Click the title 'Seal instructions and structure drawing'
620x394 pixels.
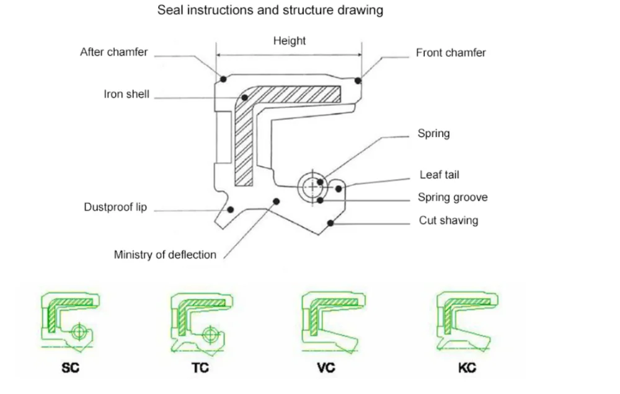point(270,10)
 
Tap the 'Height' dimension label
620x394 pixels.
point(290,41)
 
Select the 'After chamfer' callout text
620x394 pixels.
point(114,52)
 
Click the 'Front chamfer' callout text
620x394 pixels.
point(451,53)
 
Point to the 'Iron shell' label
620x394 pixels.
point(126,94)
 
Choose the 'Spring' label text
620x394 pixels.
point(434,134)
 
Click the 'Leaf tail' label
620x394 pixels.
point(440,175)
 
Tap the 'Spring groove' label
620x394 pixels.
point(453,197)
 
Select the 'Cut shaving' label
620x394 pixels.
point(448,220)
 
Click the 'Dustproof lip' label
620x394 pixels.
point(115,207)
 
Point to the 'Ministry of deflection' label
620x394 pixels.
point(165,255)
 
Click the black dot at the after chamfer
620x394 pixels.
point(223,79)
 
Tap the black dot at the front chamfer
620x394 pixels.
point(358,81)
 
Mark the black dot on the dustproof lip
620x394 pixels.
point(231,209)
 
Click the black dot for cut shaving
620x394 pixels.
point(330,223)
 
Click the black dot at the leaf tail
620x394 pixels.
point(339,189)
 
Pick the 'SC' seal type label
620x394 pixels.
point(71,368)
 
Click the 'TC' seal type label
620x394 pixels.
point(200,368)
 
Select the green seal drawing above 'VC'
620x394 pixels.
point(334,322)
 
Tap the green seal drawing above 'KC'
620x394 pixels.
point(467,322)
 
